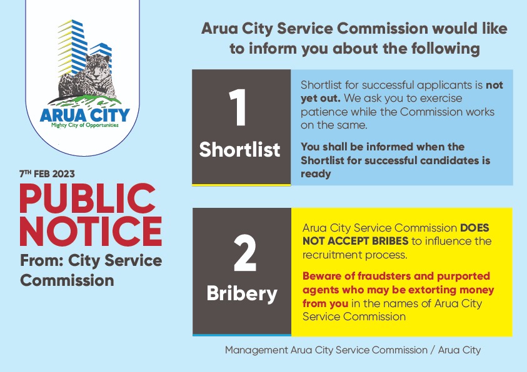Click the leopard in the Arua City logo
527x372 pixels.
point(88,77)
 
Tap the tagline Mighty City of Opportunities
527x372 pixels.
point(84,125)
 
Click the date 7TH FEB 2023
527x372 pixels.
point(47,174)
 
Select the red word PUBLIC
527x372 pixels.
point(88,198)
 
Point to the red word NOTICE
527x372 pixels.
point(91,231)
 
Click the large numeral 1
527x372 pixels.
point(238,107)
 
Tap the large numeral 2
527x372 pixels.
point(245,253)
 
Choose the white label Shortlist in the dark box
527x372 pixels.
point(239,149)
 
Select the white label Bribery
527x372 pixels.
point(242,294)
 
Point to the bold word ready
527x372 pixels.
point(316,174)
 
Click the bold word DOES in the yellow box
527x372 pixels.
point(474,228)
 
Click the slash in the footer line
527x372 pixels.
point(433,350)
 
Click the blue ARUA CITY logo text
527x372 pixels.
point(84,115)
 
